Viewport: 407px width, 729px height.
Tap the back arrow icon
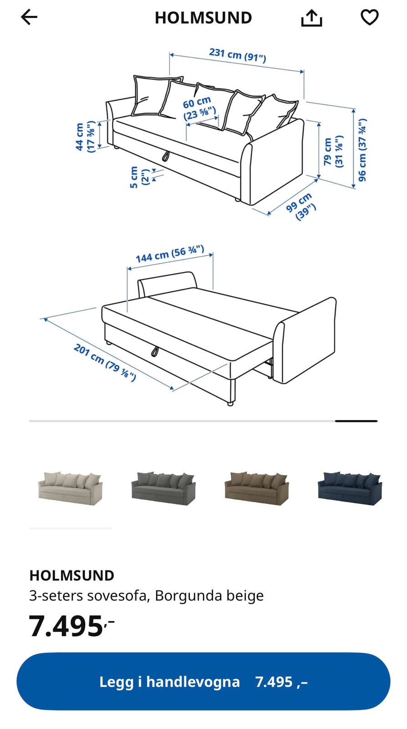point(29,17)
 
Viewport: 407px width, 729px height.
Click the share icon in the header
point(311,18)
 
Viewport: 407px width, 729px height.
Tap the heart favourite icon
point(370,17)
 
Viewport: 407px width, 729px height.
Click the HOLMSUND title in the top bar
point(203,18)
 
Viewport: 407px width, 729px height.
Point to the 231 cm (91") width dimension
point(238,55)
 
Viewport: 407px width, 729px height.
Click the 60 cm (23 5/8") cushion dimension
point(199,109)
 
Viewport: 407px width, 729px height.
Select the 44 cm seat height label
point(85,137)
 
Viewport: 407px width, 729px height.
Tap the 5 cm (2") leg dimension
point(139,177)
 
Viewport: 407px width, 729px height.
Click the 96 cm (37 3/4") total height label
point(362,150)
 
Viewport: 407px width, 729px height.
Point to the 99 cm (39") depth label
point(301,206)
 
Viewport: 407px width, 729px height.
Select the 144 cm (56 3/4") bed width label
point(170,254)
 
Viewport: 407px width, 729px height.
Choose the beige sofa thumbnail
point(70,488)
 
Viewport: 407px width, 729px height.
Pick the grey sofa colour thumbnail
point(163,488)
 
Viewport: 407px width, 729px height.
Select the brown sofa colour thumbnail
point(257,488)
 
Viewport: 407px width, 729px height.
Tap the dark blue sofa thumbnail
point(350,488)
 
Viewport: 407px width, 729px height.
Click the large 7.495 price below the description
point(72,626)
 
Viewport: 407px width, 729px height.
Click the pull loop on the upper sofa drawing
point(166,156)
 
